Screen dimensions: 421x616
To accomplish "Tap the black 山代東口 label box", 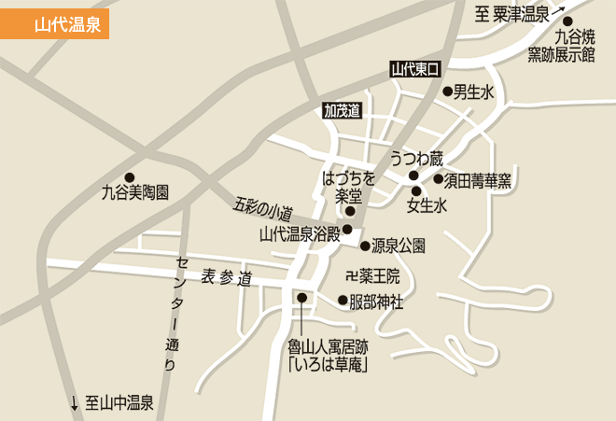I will point(414,67).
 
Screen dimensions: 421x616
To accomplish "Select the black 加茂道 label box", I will point(342,110).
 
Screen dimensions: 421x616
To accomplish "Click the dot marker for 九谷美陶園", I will point(130,177).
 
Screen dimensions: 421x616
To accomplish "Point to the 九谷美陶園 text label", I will point(135,195).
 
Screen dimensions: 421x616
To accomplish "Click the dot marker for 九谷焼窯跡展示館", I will point(567,21).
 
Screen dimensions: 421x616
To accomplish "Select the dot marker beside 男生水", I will point(448,91).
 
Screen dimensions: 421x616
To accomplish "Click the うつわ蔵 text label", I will point(416,158).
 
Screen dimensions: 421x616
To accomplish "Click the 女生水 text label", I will point(427,205).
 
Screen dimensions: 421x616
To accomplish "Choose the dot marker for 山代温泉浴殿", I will point(347,229).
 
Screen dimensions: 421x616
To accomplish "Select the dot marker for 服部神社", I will point(343,301).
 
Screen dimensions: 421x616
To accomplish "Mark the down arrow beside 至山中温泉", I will point(75,404).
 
